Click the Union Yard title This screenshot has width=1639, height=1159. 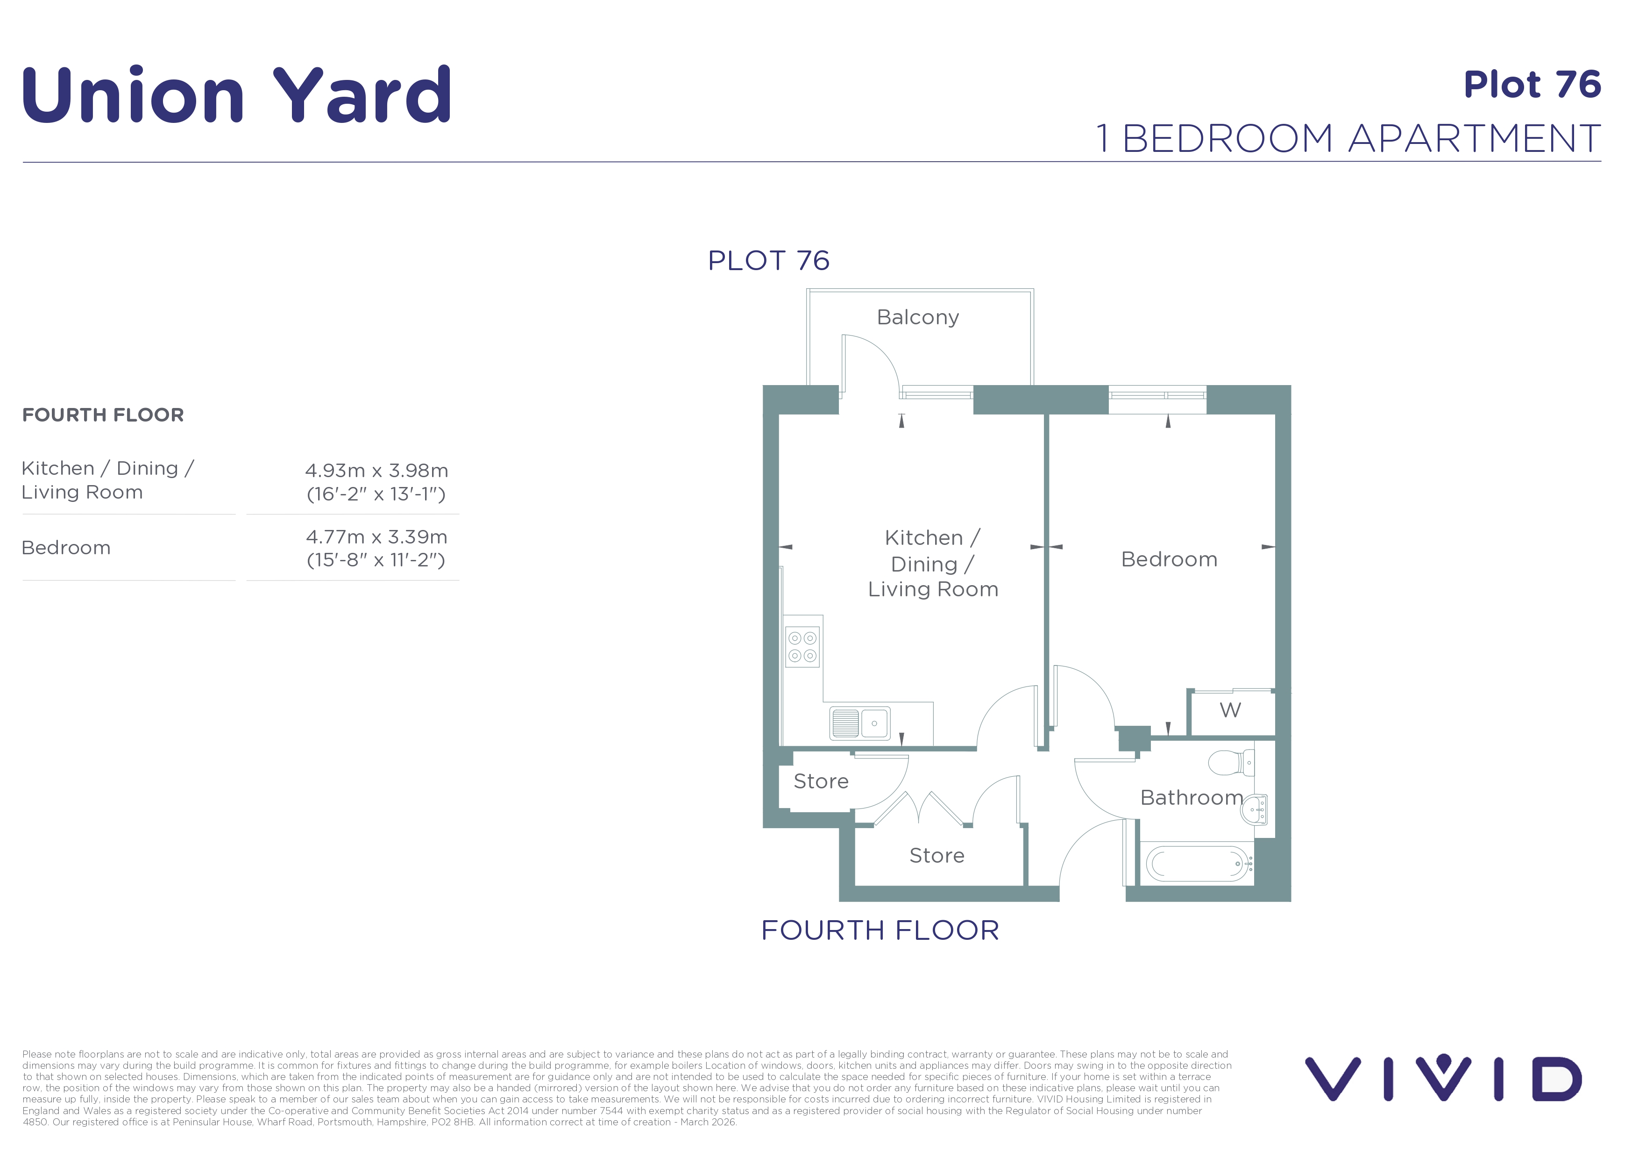(237, 94)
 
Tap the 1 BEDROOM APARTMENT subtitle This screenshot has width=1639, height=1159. (1348, 138)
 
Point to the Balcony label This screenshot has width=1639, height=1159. (918, 317)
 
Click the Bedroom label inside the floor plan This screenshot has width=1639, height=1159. (1169, 559)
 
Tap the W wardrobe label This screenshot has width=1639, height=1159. (1230, 710)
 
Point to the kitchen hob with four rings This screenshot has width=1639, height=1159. (802, 647)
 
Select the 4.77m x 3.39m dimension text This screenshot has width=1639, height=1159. (376, 537)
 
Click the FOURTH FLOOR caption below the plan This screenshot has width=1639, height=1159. (880, 930)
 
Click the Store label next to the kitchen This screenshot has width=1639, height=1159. (821, 781)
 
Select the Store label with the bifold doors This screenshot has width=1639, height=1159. (937, 856)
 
